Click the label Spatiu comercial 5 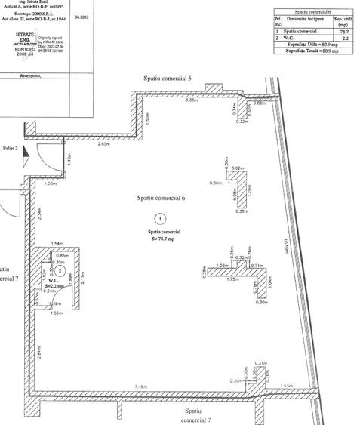(168, 79)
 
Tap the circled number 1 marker (159, 219)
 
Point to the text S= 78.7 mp (161, 239)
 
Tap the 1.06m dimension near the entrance (51, 183)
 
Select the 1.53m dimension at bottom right (286, 387)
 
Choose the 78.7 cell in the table (343, 31)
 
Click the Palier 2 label (9, 149)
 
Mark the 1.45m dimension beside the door (69, 159)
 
